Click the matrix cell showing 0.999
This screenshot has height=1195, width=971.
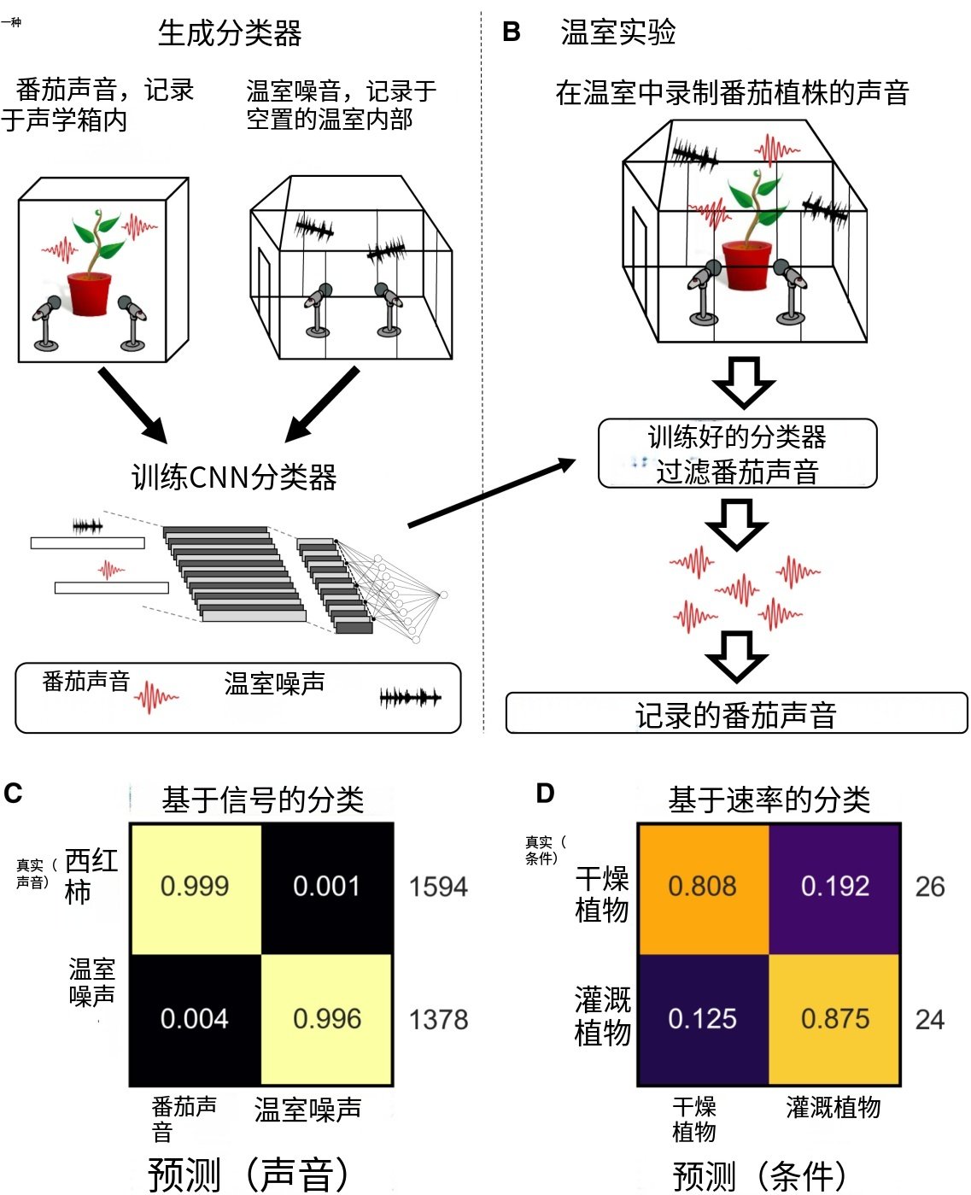pos(196,887)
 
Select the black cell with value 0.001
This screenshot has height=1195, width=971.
pos(327,887)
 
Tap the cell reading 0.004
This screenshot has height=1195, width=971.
pos(196,1019)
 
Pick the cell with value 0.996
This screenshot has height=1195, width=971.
pos(327,1019)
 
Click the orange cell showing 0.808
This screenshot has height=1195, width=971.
pos(703,887)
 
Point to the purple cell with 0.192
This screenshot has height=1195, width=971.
pos(835,887)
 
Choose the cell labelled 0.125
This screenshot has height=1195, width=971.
pos(703,1019)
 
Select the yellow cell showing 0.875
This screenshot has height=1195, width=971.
pos(835,1019)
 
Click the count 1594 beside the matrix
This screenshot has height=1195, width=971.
pos(438,887)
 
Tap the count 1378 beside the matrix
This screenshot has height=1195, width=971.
pos(438,1020)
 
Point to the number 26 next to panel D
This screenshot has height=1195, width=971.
pos(930,887)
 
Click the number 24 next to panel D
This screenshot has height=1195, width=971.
pos(930,1020)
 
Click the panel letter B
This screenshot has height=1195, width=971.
pos(512,32)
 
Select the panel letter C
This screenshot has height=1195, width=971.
pos(13,794)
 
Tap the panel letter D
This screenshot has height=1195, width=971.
pos(545,794)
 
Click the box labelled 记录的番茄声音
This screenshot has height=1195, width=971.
pos(736,714)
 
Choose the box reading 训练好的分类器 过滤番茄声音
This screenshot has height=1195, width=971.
pos(737,454)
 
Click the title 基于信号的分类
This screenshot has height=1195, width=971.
pos(262,800)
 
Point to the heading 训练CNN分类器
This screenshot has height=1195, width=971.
pos(234,477)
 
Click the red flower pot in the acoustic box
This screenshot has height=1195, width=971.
pos(90,293)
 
